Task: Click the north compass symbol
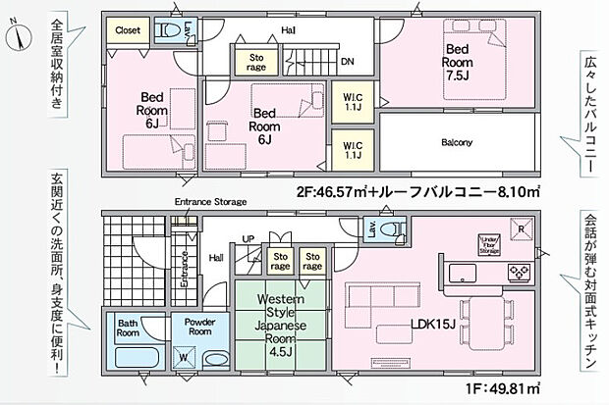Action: pos(18,38)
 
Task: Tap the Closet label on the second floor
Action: pos(127,30)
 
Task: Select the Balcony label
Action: pos(457,143)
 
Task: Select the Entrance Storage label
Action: pos(209,202)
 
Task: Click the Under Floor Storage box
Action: pos(490,245)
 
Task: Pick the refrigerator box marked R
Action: pos(520,232)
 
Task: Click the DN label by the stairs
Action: pos(347,61)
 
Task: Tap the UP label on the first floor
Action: pos(248,238)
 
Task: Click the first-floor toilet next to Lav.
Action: pos(395,230)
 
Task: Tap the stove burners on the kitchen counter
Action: pos(517,270)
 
